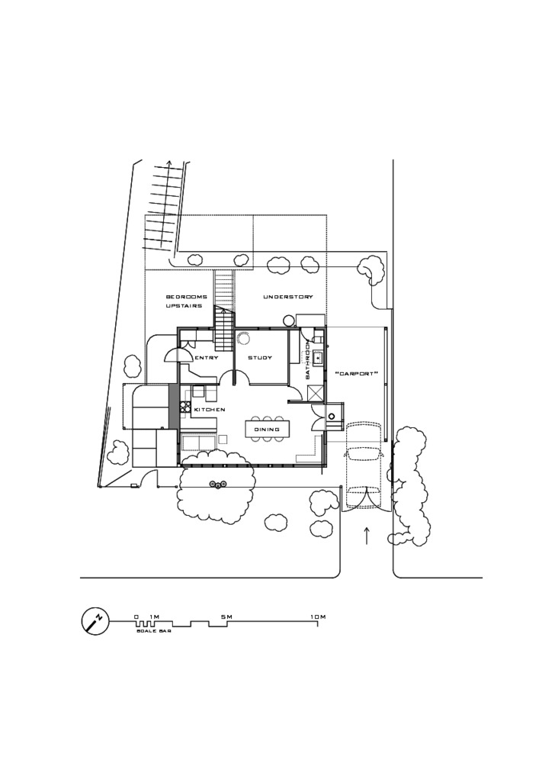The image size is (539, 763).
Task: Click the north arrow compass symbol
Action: click(95, 621)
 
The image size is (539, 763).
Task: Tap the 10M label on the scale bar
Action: click(318, 617)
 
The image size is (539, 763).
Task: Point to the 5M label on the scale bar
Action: click(226, 617)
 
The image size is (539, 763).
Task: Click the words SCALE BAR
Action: click(153, 632)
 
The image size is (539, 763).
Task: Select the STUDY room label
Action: click(260, 358)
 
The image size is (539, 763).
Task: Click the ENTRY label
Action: click(207, 358)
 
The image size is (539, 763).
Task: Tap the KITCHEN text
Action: click(210, 410)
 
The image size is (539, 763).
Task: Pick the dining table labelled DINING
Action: click(267, 430)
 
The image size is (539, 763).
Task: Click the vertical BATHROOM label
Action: click(308, 362)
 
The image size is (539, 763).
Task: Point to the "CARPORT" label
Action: click(357, 374)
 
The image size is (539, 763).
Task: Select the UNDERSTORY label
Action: click(288, 297)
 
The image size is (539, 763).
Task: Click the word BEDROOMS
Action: click(187, 297)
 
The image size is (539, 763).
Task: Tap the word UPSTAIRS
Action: click(184, 307)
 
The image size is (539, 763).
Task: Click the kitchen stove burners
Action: click(185, 407)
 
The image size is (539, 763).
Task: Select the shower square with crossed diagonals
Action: click(316, 393)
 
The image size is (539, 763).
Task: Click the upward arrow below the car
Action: click(367, 535)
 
